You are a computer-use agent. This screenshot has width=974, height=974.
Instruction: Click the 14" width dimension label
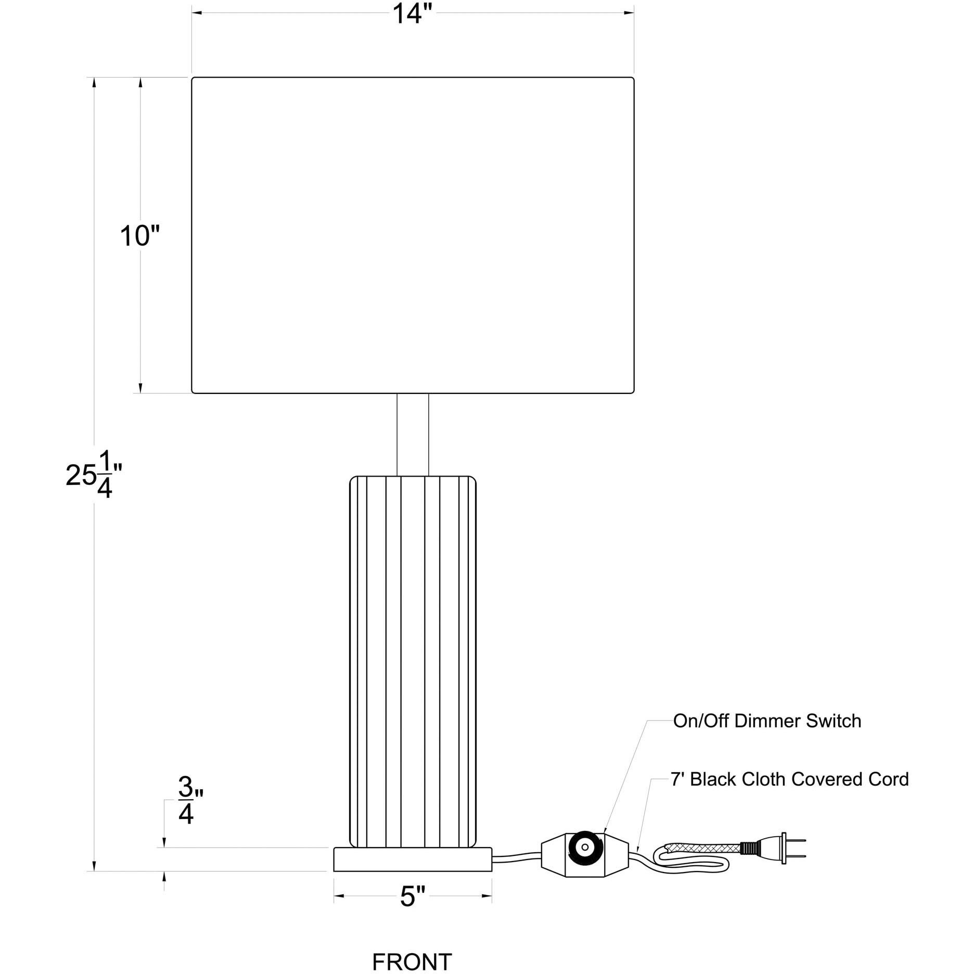412,14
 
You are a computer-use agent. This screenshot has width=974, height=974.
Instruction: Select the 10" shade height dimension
139,236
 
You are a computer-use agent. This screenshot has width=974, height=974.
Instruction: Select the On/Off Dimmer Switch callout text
767,721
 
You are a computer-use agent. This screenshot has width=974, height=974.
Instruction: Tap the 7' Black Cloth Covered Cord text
789,779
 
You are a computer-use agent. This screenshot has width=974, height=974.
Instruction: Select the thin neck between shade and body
413,434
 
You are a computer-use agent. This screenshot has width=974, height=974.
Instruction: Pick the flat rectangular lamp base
413,860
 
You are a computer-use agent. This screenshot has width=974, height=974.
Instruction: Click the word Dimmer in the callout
767,721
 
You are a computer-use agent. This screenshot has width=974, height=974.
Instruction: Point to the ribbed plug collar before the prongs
748,849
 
